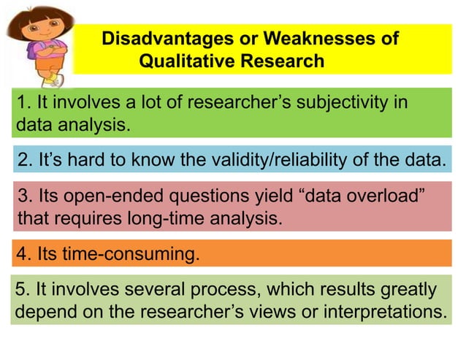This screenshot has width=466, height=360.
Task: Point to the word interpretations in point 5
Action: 383,312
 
